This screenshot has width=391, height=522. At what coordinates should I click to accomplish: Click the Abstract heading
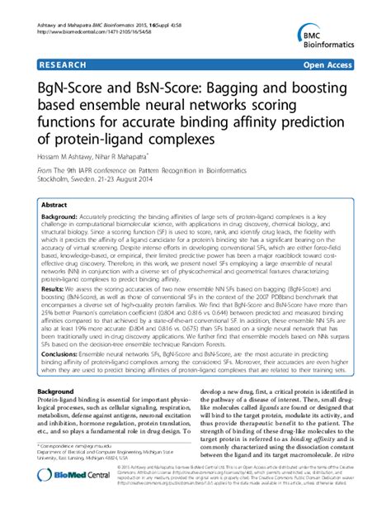click(54, 203)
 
